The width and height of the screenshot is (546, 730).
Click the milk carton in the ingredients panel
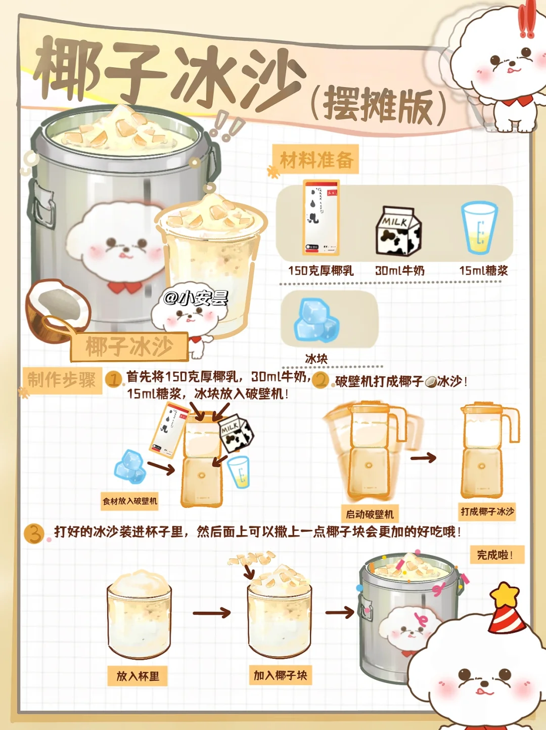399,231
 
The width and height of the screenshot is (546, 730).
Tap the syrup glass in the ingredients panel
479,228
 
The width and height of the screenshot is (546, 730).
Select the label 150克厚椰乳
321,271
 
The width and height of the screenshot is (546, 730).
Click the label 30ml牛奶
400,271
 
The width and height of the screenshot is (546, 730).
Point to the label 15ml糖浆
483,271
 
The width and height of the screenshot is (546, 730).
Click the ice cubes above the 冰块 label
316,320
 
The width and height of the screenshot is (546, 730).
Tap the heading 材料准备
316,160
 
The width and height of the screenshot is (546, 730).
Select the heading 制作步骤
62,380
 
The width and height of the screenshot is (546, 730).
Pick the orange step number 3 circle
34,534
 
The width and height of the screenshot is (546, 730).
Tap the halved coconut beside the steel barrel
58,311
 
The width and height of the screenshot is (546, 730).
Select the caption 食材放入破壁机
130,501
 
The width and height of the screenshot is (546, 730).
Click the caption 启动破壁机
370,514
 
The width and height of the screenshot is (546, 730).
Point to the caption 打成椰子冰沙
487,511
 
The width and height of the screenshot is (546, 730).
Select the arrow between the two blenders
423,458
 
